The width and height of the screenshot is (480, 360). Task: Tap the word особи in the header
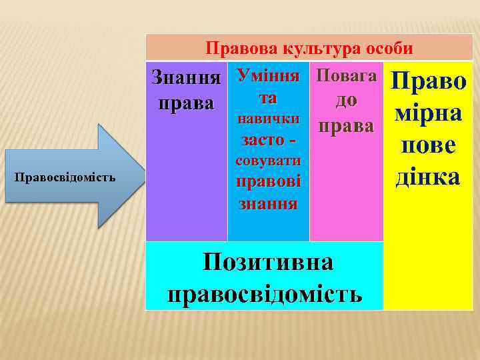click(387, 48)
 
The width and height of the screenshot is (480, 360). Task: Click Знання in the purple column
click(186, 77)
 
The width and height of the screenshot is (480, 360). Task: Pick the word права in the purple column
click(186, 104)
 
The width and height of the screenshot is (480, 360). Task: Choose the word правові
click(269, 181)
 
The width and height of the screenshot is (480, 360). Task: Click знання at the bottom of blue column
click(269, 202)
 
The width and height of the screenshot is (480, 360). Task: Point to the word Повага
click(346, 75)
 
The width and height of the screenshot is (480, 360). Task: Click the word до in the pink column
click(346, 100)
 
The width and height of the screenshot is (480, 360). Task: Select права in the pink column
click(346, 126)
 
